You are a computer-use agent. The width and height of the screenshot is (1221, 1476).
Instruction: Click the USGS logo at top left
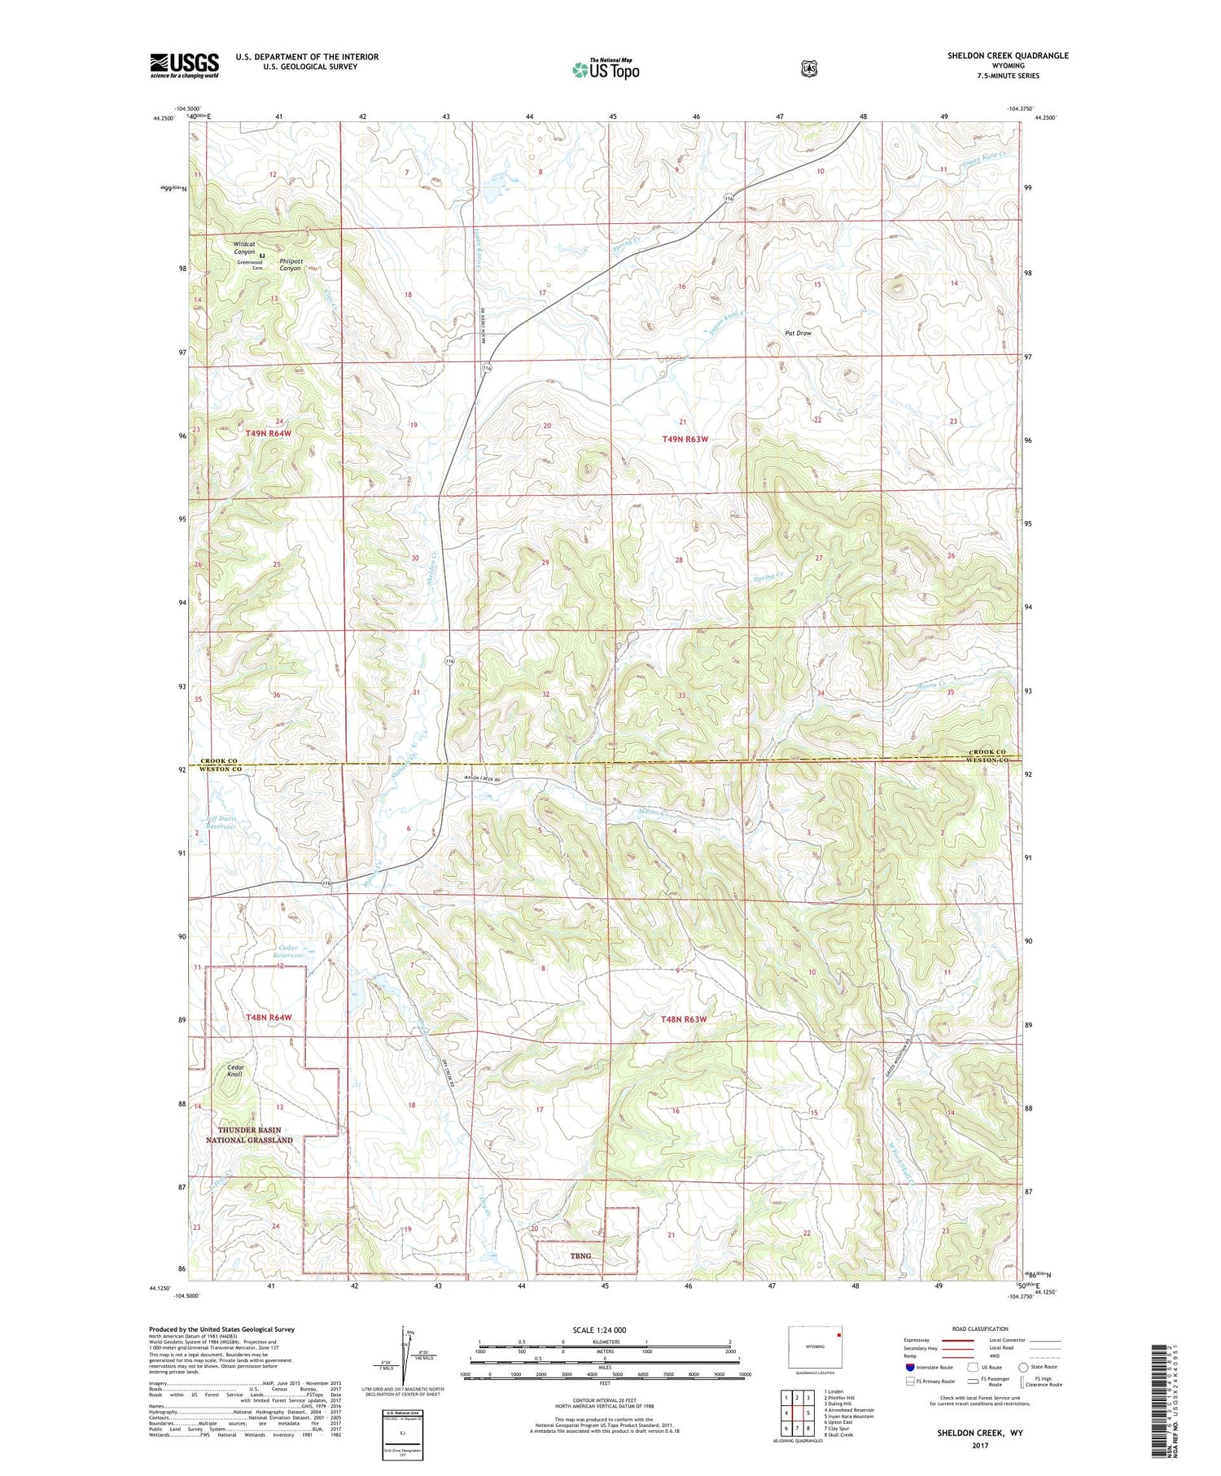185,65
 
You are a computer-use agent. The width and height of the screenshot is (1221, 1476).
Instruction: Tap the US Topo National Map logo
606,68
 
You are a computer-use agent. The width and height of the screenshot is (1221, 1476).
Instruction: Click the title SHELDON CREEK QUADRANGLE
1007,55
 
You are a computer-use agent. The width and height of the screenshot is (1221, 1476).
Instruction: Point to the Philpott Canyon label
291,265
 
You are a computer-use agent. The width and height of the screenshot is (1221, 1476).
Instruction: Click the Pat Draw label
798,333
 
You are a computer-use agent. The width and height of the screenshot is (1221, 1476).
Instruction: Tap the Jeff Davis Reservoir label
221,822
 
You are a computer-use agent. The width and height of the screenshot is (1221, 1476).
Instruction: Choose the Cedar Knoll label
234,1071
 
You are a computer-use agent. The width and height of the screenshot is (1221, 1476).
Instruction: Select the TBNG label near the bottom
580,1255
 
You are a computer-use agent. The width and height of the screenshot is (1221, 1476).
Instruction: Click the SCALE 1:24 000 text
599,1329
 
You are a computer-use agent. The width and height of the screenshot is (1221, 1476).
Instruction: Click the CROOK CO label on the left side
221,760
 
